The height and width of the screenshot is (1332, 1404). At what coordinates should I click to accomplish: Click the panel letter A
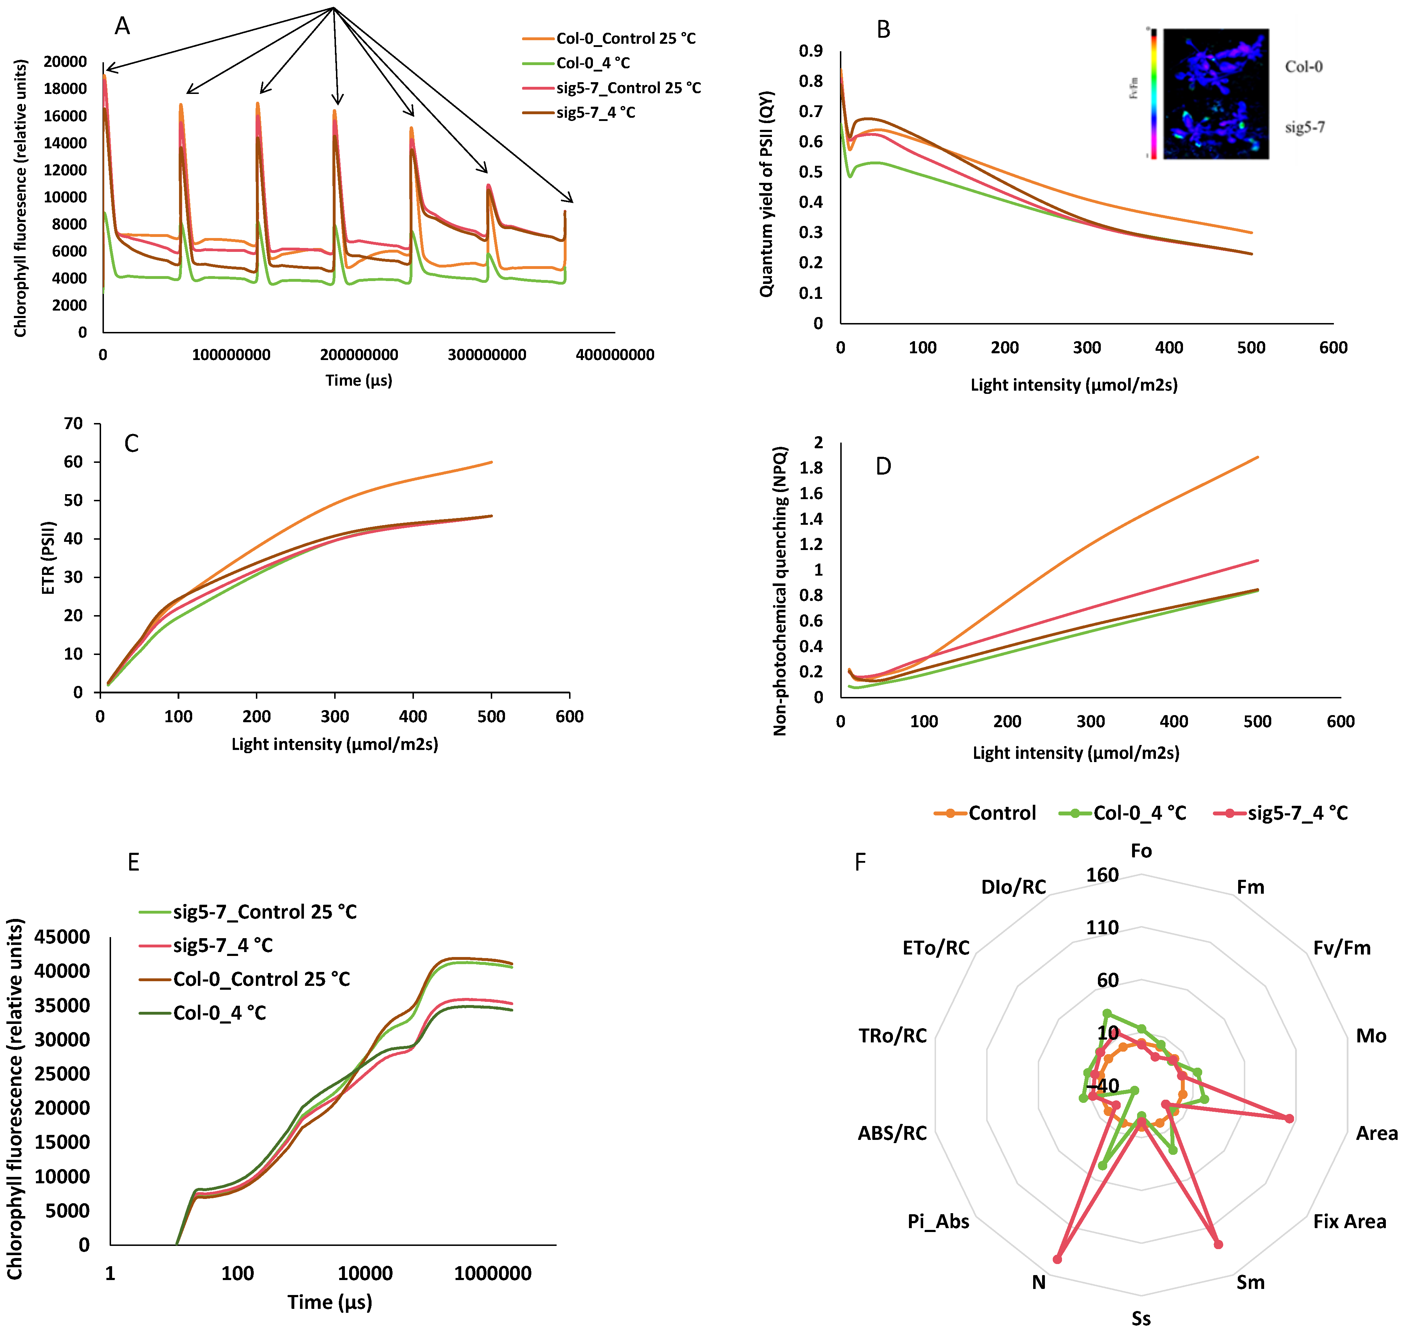click(122, 26)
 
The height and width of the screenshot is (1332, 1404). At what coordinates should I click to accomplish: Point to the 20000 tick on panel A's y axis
click(65, 62)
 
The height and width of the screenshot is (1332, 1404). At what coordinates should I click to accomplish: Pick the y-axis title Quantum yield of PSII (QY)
click(766, 194)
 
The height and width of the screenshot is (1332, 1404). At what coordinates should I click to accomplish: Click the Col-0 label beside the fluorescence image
click(1304, 67)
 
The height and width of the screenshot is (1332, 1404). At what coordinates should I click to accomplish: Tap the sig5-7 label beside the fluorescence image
click(1305, 128)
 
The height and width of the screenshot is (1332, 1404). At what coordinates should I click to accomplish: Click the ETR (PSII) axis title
click(48, 558)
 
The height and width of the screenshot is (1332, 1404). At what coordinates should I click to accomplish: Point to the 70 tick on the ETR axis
click(73, 424)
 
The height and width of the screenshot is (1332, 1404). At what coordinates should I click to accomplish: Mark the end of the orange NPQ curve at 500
click(1258, 457)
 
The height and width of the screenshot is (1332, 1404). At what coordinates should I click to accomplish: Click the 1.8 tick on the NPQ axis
click(810, 468)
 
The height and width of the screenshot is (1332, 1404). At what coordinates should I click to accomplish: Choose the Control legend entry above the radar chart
click(1001, 813)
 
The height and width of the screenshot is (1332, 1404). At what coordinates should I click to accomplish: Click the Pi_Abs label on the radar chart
click(938, 1221)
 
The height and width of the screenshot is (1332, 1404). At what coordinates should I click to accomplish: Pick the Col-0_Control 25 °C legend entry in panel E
click(261, 979)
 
